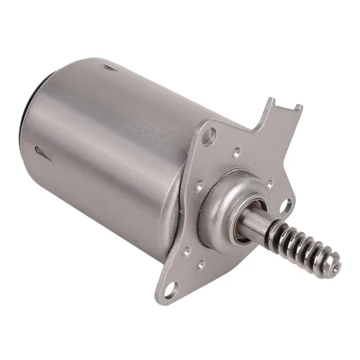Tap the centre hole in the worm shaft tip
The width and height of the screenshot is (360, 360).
coord(336,268)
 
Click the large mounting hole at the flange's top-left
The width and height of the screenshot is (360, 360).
coord(209,135)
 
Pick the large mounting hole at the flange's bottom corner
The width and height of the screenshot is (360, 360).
coord(171,289)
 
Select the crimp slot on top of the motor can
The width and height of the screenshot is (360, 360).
coord(109,69)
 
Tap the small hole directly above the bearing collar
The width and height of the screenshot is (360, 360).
coord(238,153)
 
